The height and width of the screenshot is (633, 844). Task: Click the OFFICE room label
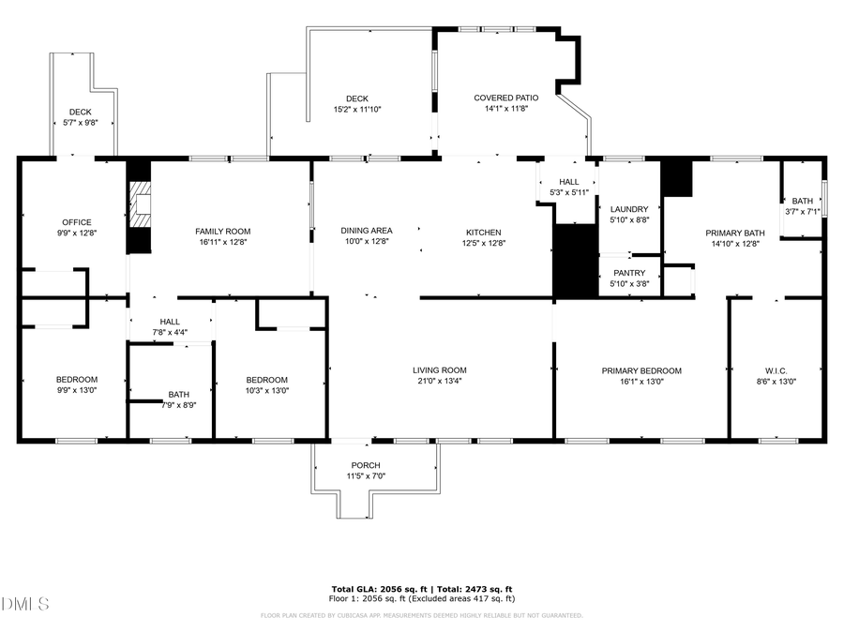point(76,222)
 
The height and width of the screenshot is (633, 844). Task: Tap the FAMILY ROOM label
point(222,231)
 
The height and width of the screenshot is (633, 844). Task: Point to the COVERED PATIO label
point(505,98)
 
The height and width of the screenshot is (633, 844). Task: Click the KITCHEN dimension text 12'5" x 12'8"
point(484,243)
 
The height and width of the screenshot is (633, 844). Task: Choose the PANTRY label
point(628,273)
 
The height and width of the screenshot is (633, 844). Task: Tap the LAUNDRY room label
point(628,209)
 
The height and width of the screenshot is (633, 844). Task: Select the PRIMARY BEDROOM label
point(641,370)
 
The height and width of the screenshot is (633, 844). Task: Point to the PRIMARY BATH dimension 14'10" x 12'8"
point(735,243)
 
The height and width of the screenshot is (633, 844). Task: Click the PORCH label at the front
point(366,465)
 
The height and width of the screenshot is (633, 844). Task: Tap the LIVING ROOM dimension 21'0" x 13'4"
point(441,381)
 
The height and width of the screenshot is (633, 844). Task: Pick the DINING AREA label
point(366,231)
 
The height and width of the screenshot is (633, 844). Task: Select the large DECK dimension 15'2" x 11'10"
point(356,109)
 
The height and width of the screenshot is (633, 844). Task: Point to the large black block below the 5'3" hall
point(575,262)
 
